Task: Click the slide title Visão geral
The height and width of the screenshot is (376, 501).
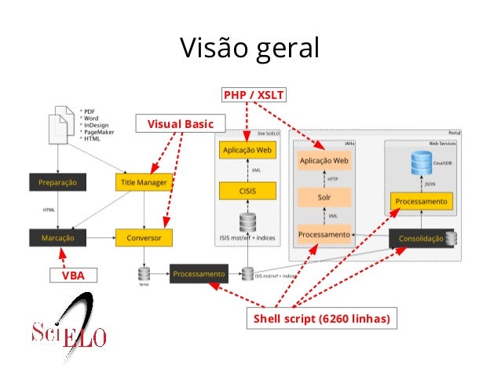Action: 250,48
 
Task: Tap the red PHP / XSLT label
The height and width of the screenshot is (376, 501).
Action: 254,96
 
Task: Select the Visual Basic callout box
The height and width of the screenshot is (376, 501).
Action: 180,123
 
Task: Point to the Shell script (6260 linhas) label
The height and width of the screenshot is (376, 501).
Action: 320,319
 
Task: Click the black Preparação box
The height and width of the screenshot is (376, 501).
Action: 58,182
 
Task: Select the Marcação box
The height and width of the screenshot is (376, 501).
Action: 58,236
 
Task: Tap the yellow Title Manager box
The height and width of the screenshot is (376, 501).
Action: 143,182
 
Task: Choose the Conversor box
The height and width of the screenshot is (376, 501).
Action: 143,236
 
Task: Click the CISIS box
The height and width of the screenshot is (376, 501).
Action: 247,191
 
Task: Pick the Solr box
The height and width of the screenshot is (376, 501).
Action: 324,197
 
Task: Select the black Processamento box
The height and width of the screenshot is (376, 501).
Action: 199,274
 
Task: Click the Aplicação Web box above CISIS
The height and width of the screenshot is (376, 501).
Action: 247,149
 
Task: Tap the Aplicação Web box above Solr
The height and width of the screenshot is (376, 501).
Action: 324,161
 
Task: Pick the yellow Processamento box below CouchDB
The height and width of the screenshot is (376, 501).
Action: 422,202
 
